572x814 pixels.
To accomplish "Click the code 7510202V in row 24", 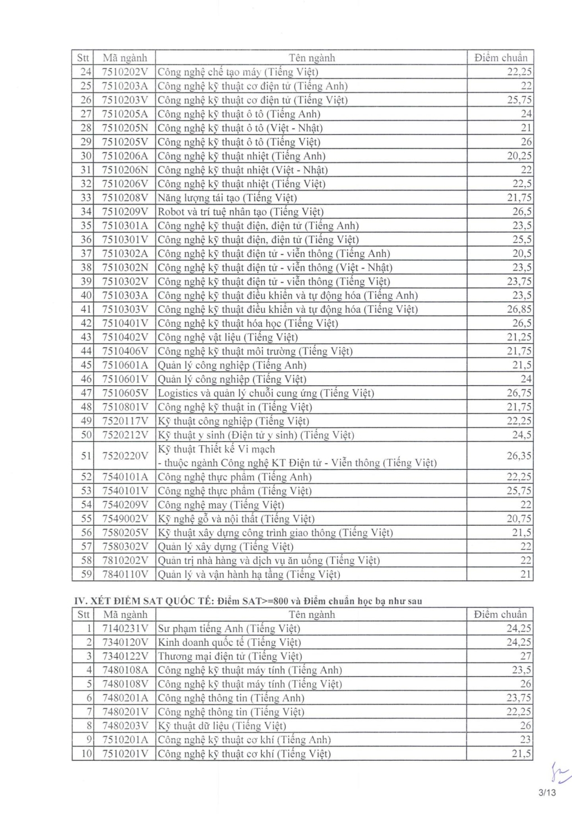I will [124, 72].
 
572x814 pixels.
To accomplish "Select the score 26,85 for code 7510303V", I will [519, 309].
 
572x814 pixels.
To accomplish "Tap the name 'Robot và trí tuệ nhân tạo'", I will [241, 212].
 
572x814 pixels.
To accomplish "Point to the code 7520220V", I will [124, 456].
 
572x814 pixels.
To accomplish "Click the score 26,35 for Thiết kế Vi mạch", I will [519, 456].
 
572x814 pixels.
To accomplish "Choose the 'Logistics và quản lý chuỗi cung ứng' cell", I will [266, 394].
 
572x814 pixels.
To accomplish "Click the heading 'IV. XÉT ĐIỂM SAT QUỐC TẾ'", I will [146, 602].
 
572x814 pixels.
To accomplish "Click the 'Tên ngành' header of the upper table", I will [312, 58].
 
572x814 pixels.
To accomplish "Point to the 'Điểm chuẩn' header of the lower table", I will [500, 615].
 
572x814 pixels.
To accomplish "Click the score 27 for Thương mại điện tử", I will [525, 656].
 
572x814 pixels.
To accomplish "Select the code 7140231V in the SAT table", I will [124, 629].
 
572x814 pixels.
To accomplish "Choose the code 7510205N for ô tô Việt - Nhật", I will [124, 128].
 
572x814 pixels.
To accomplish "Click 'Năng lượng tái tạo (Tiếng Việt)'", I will [227, 198].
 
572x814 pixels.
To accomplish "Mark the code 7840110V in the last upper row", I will [124, 575].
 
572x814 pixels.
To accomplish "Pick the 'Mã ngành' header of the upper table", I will [124, 58].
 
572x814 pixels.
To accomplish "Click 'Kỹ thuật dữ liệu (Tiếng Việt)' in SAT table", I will [222, 727].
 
